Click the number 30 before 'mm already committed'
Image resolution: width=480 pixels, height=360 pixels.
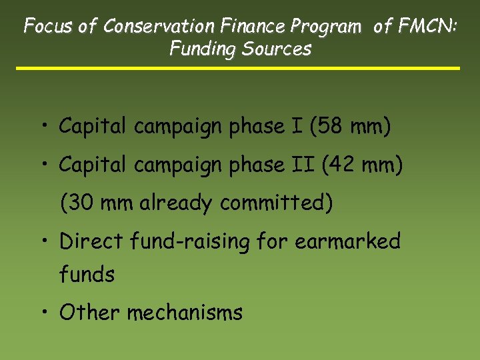(x=83, y=203)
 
